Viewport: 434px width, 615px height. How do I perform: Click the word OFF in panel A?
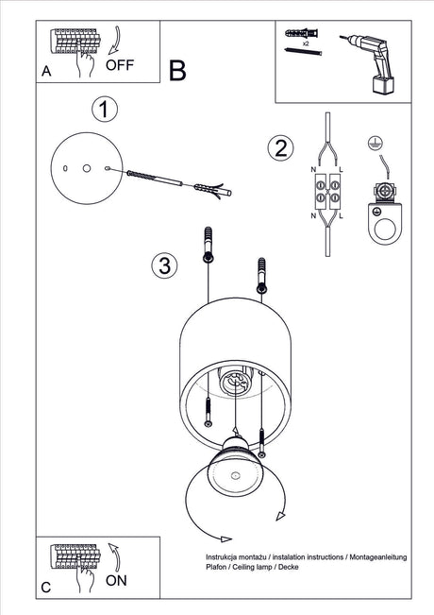[x=120, y=65]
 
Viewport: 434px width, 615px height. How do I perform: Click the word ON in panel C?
[x=116, y=580]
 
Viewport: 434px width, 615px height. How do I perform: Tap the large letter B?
[x=177, y=71]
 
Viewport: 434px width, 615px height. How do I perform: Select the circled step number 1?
[x=104, y=109]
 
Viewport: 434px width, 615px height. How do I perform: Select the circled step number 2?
[x=280, y=148]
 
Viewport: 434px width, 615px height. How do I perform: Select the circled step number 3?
[x=164, y=265]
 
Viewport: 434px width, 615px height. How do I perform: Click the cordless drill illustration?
[x=368, y=62]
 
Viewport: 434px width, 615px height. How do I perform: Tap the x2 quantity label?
[x=306, y=43]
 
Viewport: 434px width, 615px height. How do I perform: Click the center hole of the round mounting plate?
[x=87, y=169]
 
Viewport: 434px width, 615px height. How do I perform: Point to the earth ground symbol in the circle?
[x=376, y=144]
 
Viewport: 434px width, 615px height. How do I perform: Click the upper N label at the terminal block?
[x=313, y=169]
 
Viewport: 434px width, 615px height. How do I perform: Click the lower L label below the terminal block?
[x=342, y=215]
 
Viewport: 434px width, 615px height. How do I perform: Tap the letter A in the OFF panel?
[x=46, y=72]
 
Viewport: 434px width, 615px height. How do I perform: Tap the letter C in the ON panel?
[x=46, y=588]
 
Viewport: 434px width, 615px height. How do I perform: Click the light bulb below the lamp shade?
[x=235, y=468]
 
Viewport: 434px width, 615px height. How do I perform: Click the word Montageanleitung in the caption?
[x=378, y=557]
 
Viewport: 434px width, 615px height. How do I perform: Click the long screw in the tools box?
[x=304, y=51]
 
